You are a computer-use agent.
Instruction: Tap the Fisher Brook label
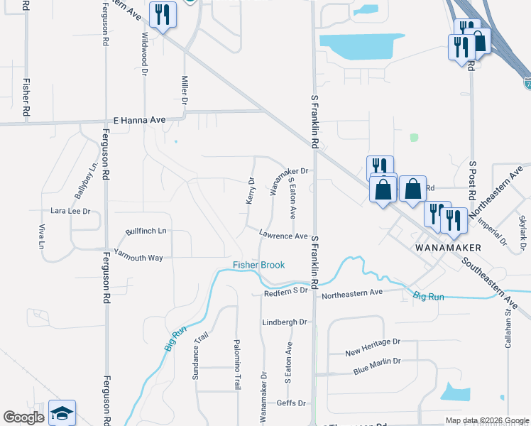259,266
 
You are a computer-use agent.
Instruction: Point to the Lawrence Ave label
283,236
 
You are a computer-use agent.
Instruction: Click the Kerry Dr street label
251,190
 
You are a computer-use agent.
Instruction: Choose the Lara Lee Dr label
71,212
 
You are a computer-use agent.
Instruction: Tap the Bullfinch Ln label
146,231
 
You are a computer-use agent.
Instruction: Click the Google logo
23,417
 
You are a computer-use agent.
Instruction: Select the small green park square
414,138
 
